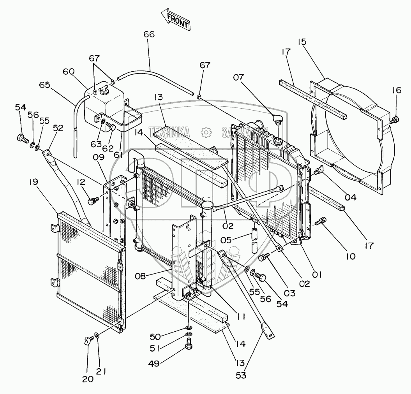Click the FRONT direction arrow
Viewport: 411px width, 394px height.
(175, 20)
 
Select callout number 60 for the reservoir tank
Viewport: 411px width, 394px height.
(69, 72)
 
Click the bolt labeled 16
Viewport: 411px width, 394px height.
(394, 119)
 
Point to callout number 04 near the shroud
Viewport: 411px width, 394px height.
(350, 197)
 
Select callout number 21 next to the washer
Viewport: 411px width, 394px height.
(102, 372)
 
